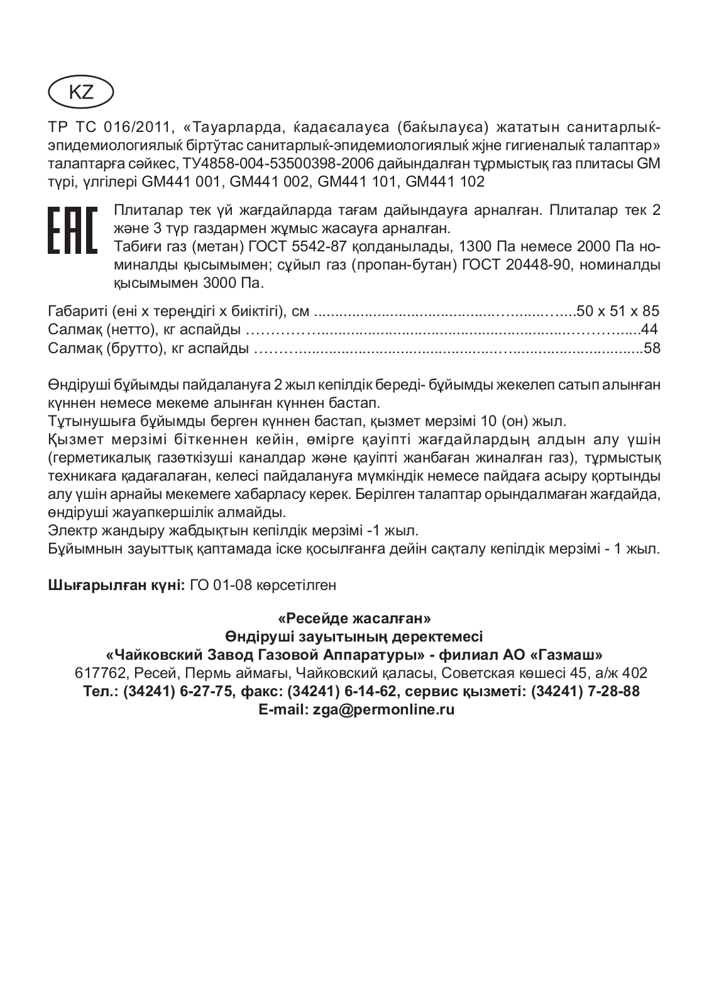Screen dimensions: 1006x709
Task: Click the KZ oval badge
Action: coord(80,92)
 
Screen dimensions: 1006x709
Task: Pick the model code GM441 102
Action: coord(446,182)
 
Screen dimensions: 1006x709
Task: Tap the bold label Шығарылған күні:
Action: coord(116,585)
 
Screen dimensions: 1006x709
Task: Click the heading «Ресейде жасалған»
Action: coord(354,618)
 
